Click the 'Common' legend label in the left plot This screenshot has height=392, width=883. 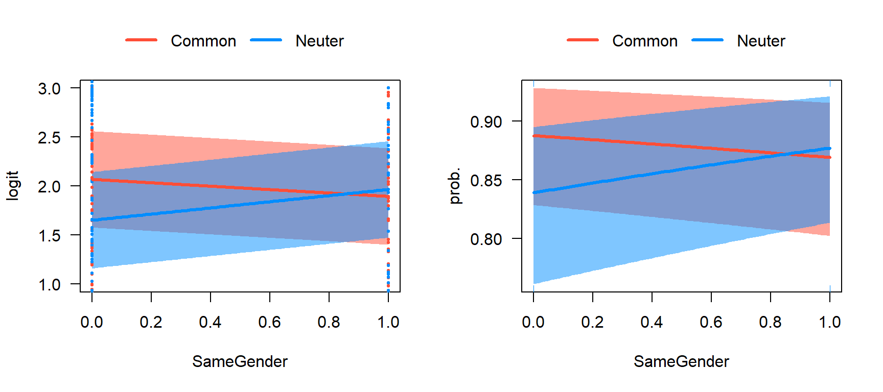pos(203,41)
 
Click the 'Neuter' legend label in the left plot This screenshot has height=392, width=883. pos(319,41)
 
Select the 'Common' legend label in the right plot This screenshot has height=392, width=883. pos(645,41)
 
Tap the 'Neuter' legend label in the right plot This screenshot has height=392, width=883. pos(761,41)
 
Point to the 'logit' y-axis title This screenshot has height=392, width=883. pos(12,186)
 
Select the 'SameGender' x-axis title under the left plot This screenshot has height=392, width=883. pos(240,361)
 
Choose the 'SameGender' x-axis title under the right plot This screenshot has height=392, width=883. pos(681,361)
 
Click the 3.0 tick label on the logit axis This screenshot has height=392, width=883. pos(49,89)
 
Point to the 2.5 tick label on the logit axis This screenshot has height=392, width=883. pos(49,138)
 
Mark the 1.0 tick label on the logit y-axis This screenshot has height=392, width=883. pos(49,284)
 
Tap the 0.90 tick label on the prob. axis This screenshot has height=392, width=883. pos(486,122)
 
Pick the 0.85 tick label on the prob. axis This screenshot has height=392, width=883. pos(486,181)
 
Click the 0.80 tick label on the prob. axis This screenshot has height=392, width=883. pos(486,239)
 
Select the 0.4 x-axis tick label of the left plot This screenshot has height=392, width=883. pos(210,322)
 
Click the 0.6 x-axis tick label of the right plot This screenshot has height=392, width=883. pos(711,322)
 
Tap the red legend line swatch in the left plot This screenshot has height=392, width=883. pos(141,40)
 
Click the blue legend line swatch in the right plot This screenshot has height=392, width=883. pos(707,40)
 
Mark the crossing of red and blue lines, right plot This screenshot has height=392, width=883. pos(783,154)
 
